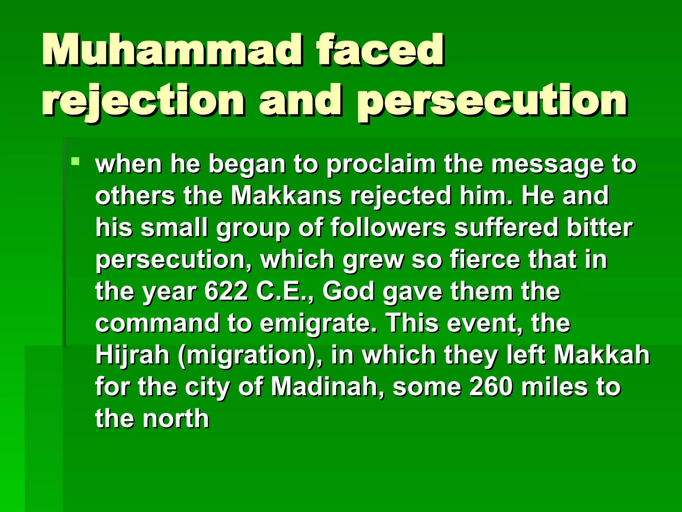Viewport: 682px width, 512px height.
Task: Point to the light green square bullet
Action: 76,162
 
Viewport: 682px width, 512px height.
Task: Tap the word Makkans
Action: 286,196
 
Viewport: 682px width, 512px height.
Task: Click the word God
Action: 348,291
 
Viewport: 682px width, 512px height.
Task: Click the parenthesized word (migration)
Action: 250,355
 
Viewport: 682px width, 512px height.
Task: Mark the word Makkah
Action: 601,355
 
